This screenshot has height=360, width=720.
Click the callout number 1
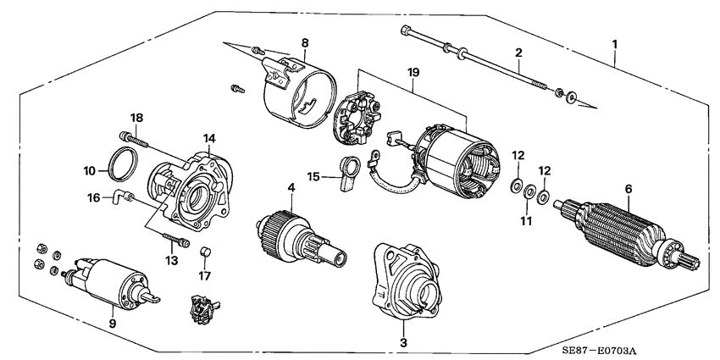pyautogui.click(x=616, y=42)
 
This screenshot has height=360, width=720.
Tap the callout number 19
pyautogui.click(x=413, y=75)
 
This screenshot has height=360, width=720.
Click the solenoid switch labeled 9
pyautogui.click(x=110, y=277)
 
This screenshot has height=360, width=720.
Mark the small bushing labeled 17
pyautogui.click(x=204, y=252)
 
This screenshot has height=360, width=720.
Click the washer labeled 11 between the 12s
pyautogui.click(x=530, y=193)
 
